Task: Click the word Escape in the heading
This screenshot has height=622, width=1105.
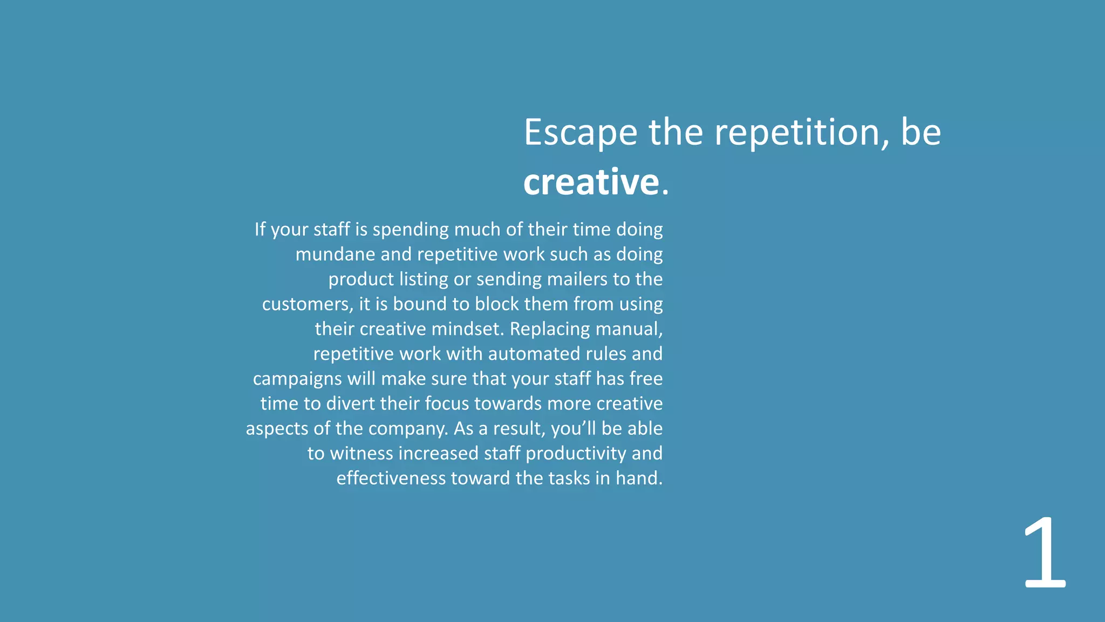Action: tap(581, 132)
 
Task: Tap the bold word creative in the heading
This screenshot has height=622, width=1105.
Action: tap(591, 182)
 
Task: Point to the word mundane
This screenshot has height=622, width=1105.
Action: tap(335, 254)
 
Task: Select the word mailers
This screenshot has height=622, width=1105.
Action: tap(577, 279)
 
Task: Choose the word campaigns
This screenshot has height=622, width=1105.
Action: tap(297, 379)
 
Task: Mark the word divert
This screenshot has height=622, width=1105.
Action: tap(351, 403)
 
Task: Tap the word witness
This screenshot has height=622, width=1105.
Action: tap(361, 454)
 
